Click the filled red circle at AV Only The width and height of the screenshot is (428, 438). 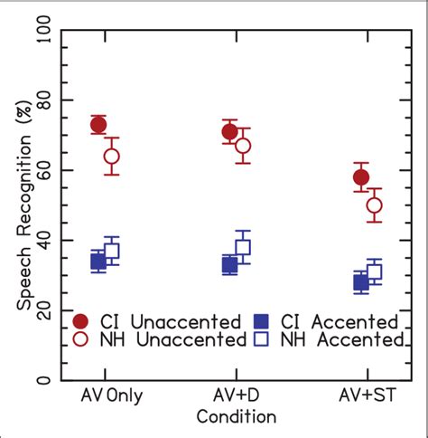98,125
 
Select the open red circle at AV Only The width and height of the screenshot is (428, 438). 111,157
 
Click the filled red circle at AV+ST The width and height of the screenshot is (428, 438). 360,177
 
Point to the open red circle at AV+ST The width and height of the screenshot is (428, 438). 374,205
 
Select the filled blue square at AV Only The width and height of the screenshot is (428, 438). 98,262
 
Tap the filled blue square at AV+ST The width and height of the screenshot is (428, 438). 360,282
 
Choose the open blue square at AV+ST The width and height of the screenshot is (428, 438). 374,271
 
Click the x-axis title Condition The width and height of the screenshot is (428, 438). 236,417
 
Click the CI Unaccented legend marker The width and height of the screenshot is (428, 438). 81,321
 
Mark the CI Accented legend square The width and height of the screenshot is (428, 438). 264,321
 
